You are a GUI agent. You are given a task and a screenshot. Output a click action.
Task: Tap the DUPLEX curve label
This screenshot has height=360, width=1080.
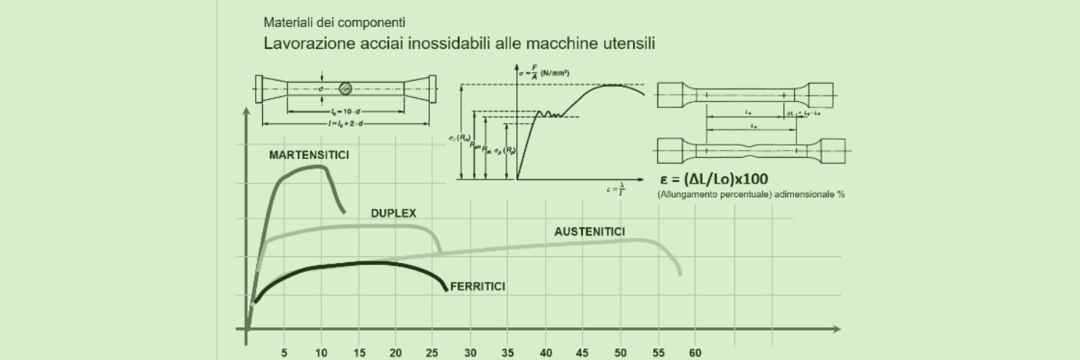[393, 213]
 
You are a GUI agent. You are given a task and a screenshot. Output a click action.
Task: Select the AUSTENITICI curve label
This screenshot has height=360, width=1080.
[589, 232]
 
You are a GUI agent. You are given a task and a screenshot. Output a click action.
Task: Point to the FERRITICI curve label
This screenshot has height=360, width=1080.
[477, 287]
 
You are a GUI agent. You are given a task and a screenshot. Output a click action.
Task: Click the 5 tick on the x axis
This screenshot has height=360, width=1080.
[284, 353]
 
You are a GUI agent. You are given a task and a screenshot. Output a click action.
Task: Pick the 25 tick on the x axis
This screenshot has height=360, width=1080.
[433, 353]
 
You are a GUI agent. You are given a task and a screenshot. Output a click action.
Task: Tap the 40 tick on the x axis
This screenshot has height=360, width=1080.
[545, 353]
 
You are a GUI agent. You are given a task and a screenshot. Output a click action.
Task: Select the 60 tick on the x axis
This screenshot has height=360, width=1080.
[695, 353]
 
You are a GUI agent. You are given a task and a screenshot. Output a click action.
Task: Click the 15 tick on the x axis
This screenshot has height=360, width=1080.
[359, 353]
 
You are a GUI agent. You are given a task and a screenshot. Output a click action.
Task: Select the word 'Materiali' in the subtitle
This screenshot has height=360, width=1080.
[287, 23]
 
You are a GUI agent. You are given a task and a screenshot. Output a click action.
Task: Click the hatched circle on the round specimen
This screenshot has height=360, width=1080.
[346, 89]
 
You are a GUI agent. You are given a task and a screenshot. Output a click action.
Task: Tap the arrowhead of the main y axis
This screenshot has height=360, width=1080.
[247, 112]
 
